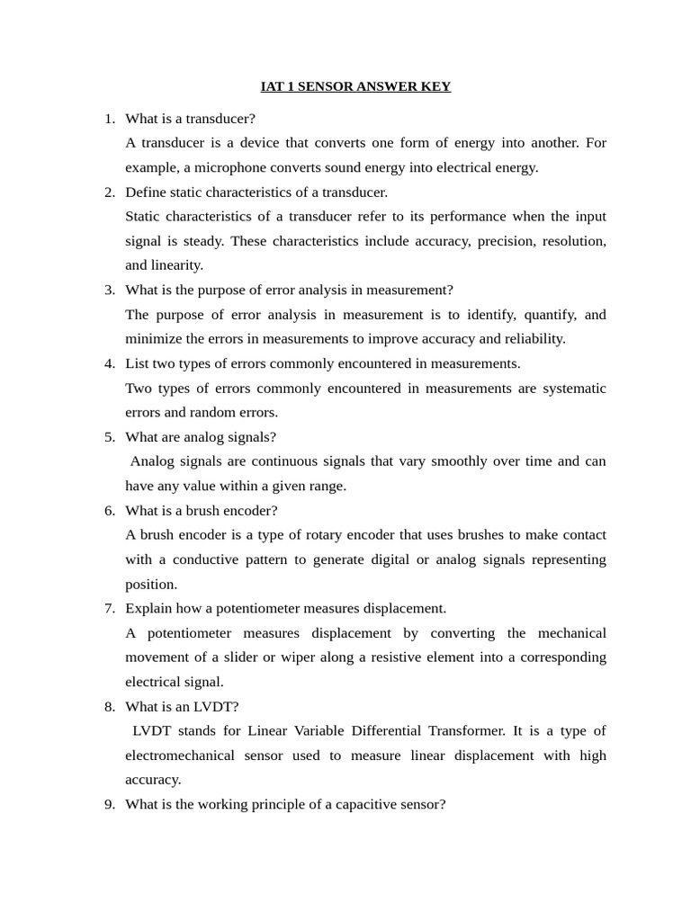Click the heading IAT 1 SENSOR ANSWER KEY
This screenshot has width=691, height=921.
click(355, 86)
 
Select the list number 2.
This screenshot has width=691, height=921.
click(110, 192)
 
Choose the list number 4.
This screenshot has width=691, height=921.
click(110, 363)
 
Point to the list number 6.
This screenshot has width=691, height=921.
click(110, 510)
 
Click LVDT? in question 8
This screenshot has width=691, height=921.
click(216, 706)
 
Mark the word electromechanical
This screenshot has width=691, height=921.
click(178, 756)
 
